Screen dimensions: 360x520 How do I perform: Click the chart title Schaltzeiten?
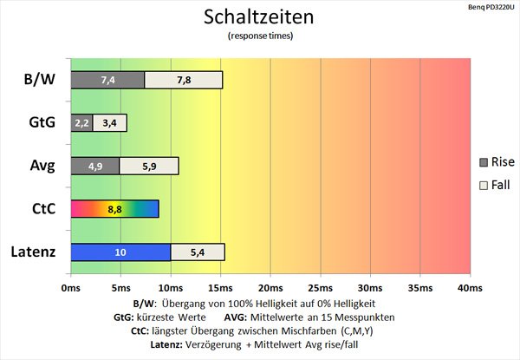259,16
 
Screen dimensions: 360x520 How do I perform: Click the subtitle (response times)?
259,36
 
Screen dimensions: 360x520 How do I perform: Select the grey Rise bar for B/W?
107,80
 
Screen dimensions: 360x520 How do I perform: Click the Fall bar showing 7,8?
183,80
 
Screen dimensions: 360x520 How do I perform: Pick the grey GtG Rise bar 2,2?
81,123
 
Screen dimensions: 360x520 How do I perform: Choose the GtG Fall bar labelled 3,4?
109,123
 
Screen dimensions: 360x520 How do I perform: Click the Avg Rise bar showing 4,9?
94,166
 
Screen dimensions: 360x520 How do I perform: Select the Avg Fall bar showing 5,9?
149,166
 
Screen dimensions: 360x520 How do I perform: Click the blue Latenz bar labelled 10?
120,252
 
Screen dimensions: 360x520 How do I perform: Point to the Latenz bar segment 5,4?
198,252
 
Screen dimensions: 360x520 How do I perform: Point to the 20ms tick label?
270,287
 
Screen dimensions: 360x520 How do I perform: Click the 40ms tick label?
469,287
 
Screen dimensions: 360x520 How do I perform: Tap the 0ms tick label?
71,287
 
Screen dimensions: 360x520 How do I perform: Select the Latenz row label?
33,252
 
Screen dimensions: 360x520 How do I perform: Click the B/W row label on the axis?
38,80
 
